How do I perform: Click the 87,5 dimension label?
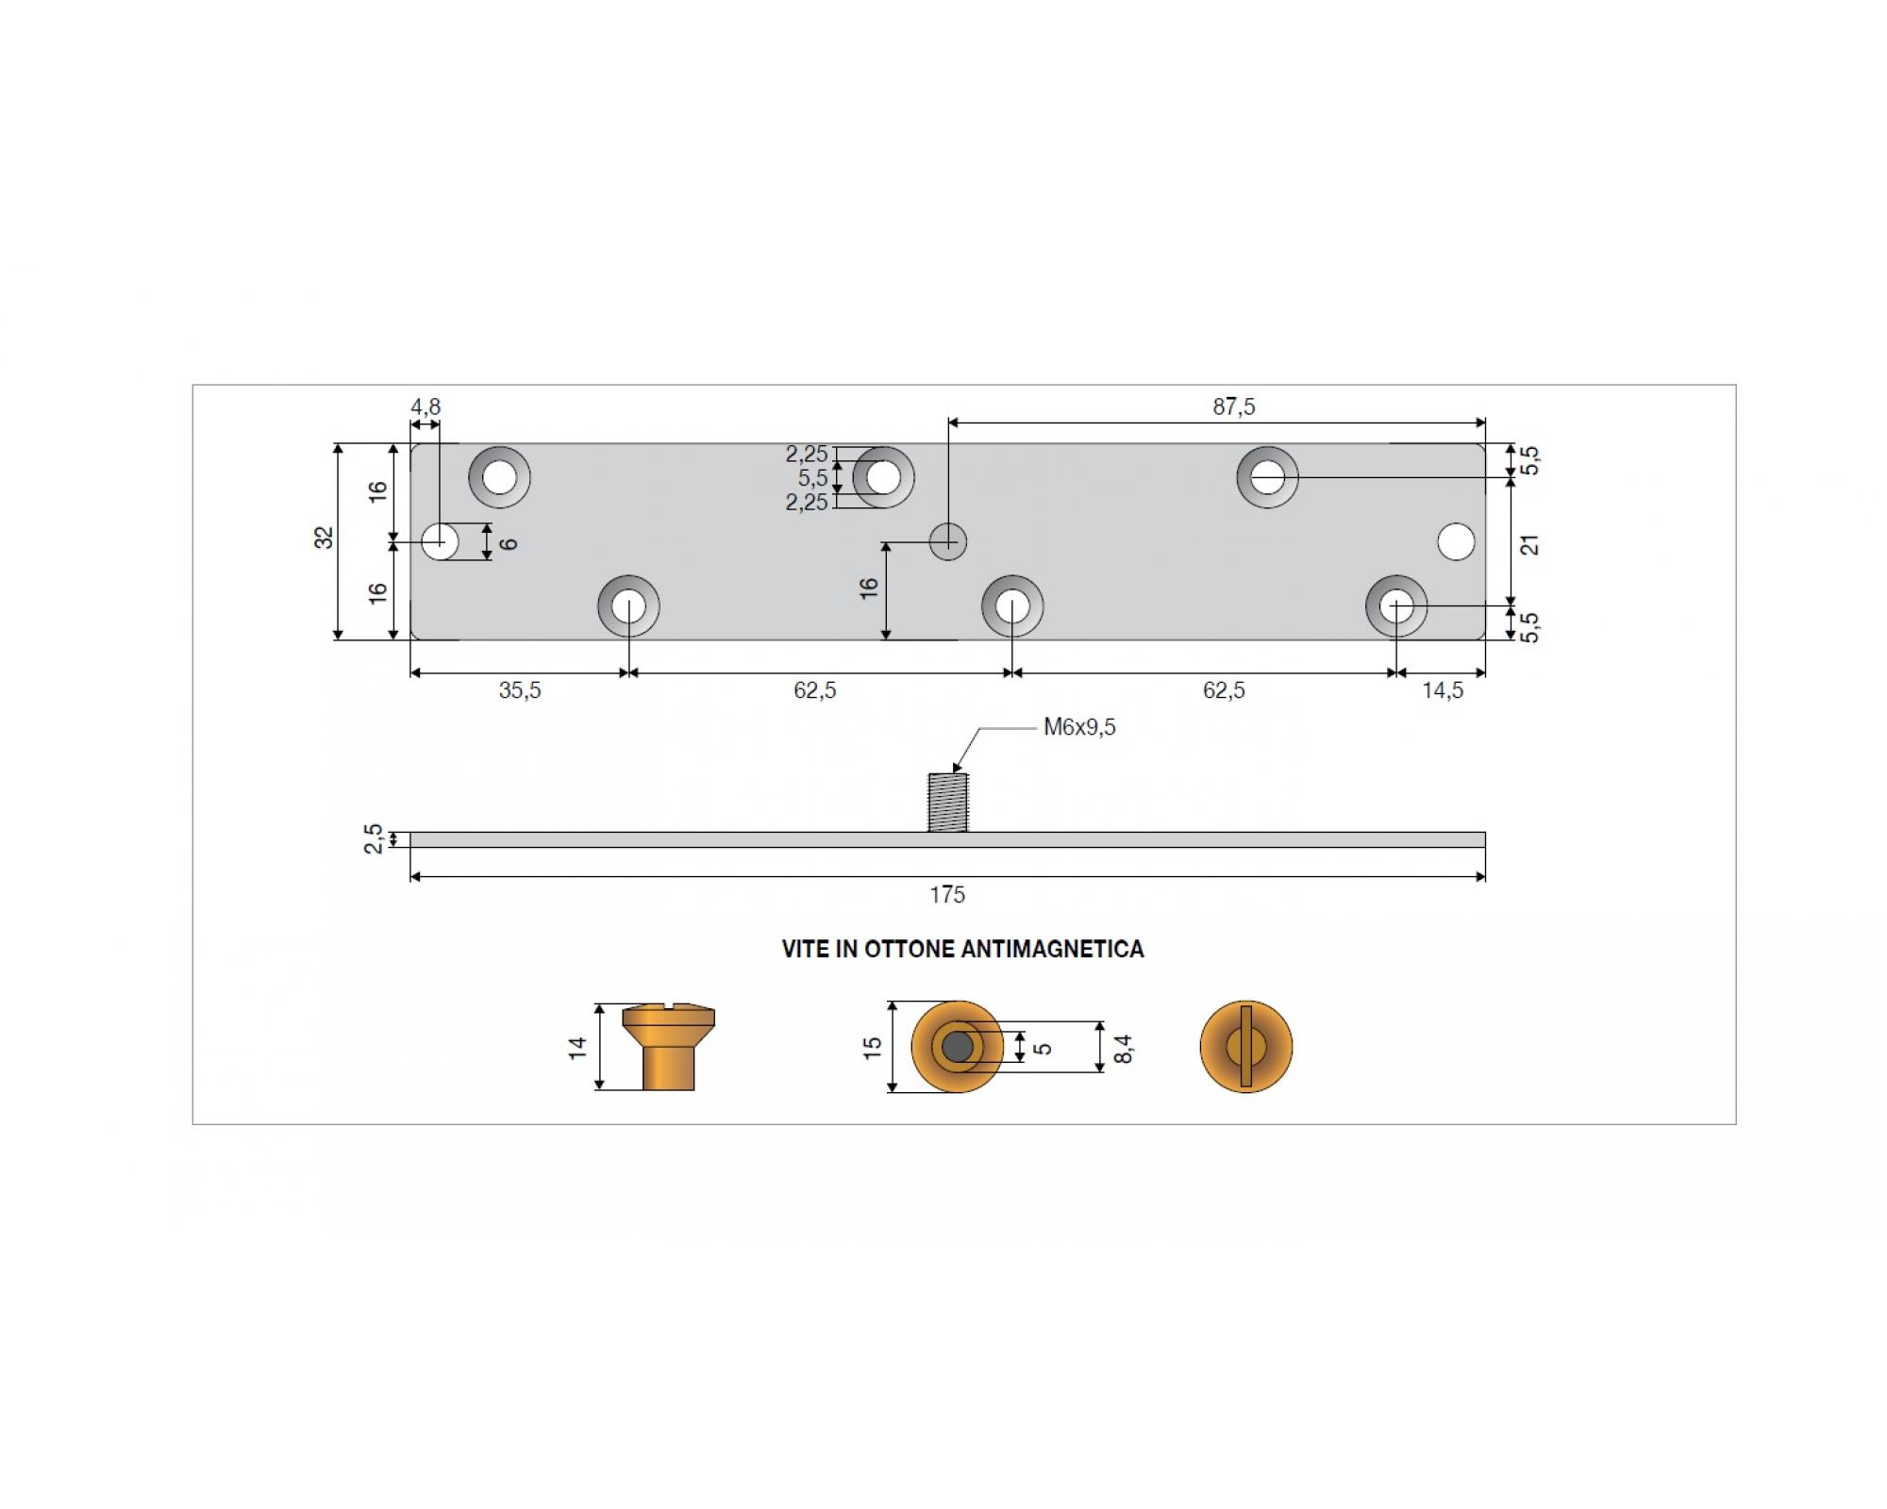[1234, 406]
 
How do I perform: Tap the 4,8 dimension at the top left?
[426, 406]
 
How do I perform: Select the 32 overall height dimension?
[324, 538]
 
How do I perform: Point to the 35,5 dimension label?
[520, 690]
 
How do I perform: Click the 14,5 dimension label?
[1443, 690]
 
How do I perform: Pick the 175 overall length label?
[947, 895]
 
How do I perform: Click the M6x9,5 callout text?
[1079, 727]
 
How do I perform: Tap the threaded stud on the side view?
[948, 803]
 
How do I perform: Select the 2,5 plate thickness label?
[374, 838]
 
